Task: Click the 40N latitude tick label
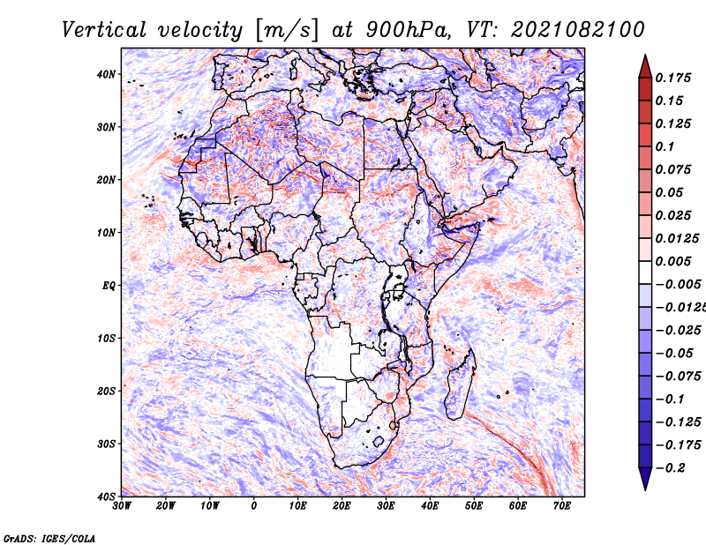tap(106, 74)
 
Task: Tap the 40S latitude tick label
tap(106, 496)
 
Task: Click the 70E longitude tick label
tap(561, 506)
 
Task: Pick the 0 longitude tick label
tap(254, 506)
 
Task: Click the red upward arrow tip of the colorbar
tap(644, 60)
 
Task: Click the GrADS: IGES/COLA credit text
tap(49, 537)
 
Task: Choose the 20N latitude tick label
tap(106, 180)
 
